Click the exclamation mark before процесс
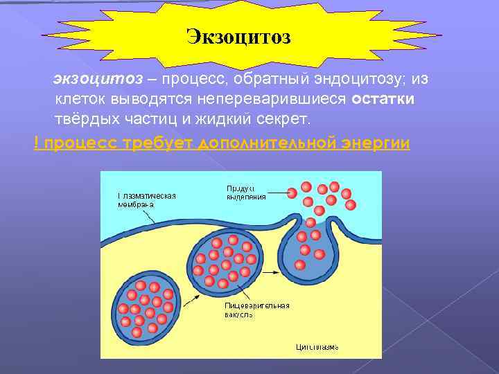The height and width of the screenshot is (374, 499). tap(36, 142)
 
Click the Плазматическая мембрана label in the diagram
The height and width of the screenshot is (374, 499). tap(146, 199)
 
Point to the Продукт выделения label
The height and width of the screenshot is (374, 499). tap(246, 192)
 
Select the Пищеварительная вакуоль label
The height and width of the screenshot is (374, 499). tap(256, 309)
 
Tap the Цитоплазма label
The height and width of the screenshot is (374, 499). tap(317, 346)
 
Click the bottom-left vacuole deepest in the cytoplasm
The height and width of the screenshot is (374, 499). tap(146, 305)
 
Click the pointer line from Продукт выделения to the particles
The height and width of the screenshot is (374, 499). tap(277, 192)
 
